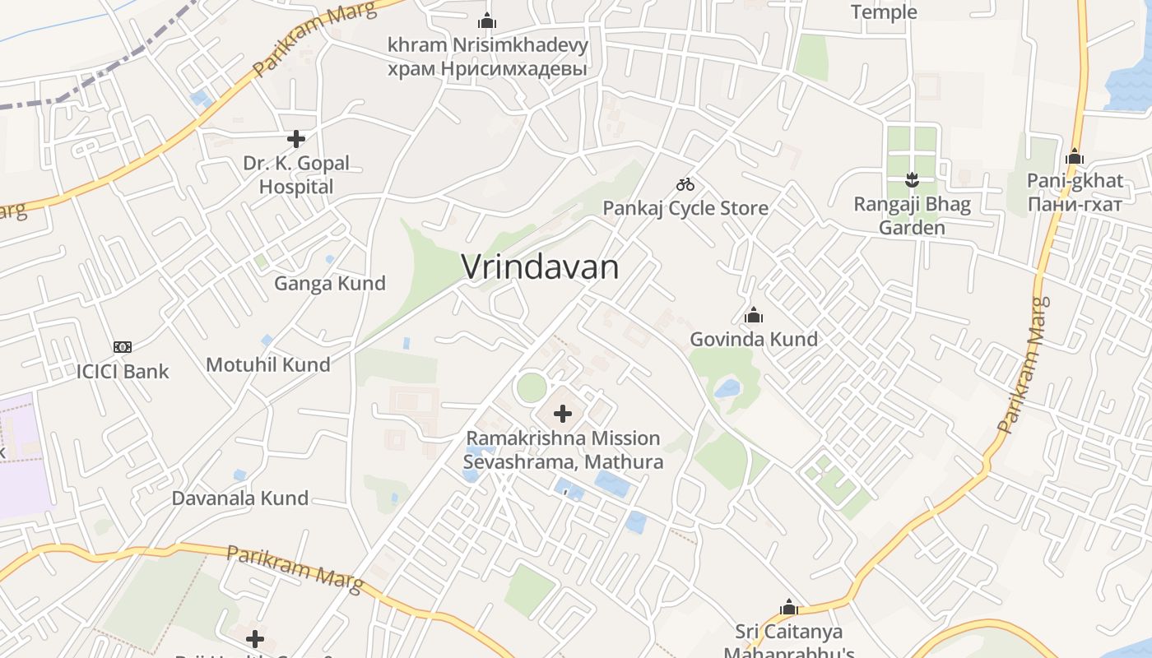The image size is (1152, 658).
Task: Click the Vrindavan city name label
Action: pos(540,267)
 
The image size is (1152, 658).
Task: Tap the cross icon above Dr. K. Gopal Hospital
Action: pos(296,139)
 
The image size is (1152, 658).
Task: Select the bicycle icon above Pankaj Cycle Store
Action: pos(685,184)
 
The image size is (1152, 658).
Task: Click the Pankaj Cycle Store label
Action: pos(685,208)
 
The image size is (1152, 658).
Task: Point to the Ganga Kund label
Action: pos(330,284)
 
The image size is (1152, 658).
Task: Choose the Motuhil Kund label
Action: pos(268,364)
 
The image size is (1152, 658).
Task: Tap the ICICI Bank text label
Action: pos(123,371)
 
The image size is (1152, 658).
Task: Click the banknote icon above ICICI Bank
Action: pos(123,347)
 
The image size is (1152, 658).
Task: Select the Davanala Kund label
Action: pos(240,498)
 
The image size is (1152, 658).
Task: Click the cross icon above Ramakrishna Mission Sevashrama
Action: pos(563,414)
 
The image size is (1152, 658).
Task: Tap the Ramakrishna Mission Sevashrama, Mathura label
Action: pos(563,450)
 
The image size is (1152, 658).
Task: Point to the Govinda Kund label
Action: pos(754,339)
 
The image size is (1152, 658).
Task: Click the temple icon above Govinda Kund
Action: pos(754,315)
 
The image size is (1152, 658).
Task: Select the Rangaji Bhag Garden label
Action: pos(912,215)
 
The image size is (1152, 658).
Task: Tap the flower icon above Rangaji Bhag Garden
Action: pos(912,179)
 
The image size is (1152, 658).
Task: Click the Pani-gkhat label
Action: pos(1075,192)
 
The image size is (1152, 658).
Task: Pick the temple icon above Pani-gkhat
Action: pos(1075,157)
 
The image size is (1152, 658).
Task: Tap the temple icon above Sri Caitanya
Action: pos(789,608)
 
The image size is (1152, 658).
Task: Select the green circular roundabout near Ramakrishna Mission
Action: pos(532,387)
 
